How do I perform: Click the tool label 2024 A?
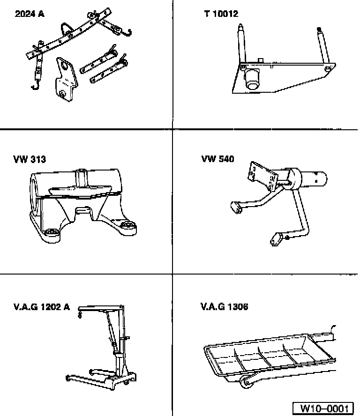point(30,14)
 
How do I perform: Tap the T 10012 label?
point(221,14)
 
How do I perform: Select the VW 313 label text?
point(30,159)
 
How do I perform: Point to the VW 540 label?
point(217,159)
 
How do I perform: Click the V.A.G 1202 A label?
point(42,307)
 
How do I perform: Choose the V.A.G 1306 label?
point(225,307)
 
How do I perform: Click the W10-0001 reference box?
point(323,409)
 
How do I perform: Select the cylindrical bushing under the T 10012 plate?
point(251,78)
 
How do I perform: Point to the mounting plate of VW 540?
point(263,176)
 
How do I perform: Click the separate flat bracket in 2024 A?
point(65,79)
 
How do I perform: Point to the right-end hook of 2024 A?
point(127,33)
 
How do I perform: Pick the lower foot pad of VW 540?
point(277,239)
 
